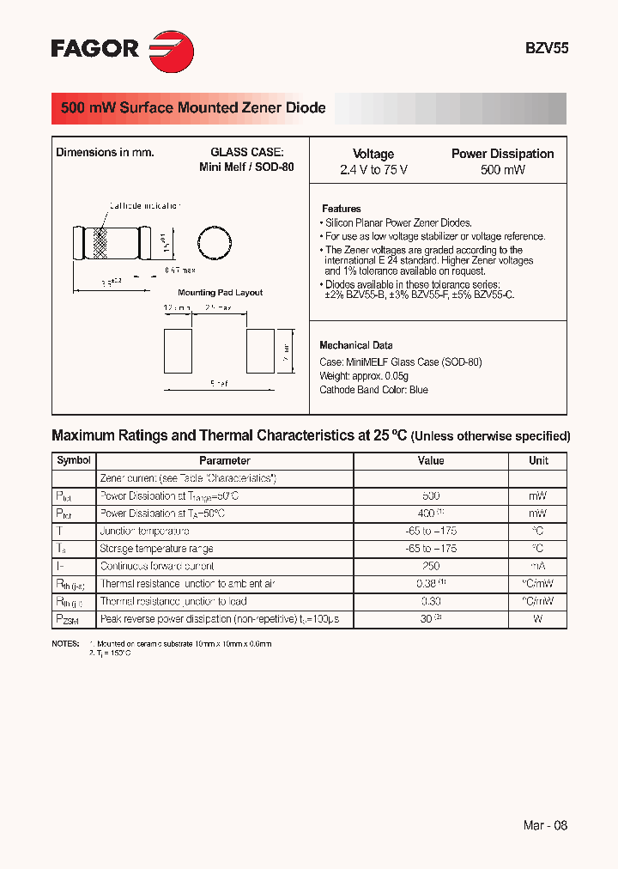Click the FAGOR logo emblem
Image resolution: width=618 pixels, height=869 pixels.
click(172, 48)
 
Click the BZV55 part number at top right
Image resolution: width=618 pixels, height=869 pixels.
click(546, 49)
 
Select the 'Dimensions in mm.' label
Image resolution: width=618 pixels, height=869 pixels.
click(105, 153)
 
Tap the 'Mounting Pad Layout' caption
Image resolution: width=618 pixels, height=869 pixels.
click(220, 293)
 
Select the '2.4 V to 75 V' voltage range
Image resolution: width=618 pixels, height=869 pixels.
click(373, 170)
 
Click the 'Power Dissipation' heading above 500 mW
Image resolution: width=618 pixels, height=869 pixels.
click(502, 154)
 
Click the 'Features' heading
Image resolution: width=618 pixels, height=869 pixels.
click(342, 209)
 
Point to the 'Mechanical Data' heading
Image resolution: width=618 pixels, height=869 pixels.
click(356, 345)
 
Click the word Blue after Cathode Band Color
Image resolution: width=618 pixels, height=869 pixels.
click(418, 390)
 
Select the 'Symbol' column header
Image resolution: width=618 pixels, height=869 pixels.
click(74, 461)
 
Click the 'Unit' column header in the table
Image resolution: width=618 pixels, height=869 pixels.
click(538, 461)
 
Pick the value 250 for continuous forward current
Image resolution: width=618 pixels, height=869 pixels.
click(431, 567)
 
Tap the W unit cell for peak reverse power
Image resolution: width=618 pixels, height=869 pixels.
click(538, 619)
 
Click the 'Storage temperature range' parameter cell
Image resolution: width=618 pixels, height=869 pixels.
click(156, 549)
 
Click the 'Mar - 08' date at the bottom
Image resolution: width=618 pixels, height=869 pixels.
click(545, 825)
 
